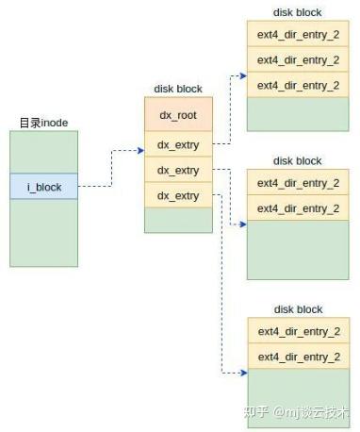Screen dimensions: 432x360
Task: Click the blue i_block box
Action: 43,187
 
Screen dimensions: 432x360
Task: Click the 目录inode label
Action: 43,123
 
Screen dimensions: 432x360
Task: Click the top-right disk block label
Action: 297,12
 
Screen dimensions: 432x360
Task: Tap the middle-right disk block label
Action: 297,161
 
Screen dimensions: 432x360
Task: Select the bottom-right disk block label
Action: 297,309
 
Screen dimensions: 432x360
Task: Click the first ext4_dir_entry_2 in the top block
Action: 298,35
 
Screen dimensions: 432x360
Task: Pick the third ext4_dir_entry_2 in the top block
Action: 298,85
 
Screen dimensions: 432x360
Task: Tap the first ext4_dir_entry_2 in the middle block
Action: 298,183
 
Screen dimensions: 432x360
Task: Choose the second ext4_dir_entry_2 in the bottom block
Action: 298,357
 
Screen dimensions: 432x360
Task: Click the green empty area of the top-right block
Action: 298,114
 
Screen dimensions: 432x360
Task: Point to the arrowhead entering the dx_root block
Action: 140,149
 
